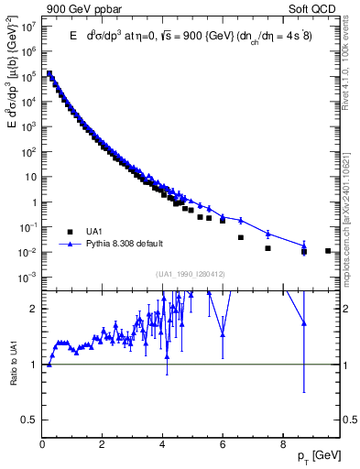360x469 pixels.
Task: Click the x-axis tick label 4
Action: pyautogui.click(x=162, y=446)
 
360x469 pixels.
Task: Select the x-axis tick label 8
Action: pyautogui.click(x=282, y=446)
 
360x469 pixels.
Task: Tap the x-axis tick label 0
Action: pyautogui.click(x=43, y=446)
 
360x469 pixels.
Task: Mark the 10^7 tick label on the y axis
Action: pyautogui.click(x=28, y=27)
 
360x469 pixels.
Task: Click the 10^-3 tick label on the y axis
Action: pyautogui.click(x=28, y=277)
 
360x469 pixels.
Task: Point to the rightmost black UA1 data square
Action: pyautogui.click(x=328, y=250)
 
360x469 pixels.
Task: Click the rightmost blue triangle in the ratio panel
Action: pyautogui.click(x=303, y=323)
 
